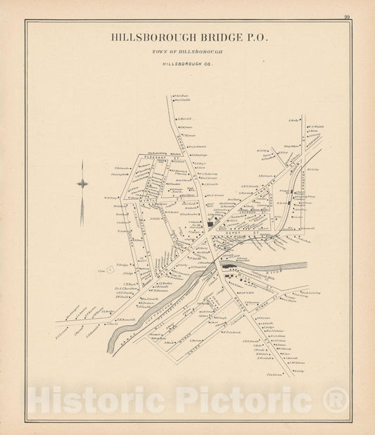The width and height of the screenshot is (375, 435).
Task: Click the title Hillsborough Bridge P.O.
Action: pos(189,38)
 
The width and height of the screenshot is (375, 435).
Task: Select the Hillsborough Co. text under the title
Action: pos(189,63)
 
